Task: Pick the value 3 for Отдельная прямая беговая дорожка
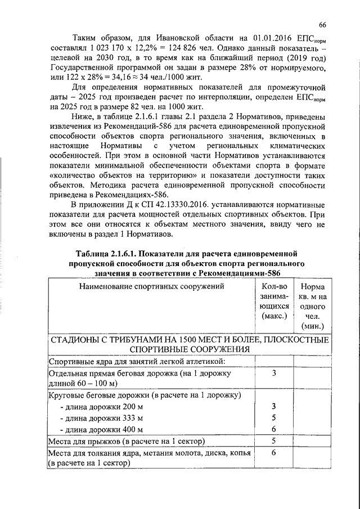pos(273,373)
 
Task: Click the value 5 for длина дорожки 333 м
pos(273,418)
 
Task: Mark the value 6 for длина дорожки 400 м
pos(273,429)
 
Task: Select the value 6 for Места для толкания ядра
pos(273,452)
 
